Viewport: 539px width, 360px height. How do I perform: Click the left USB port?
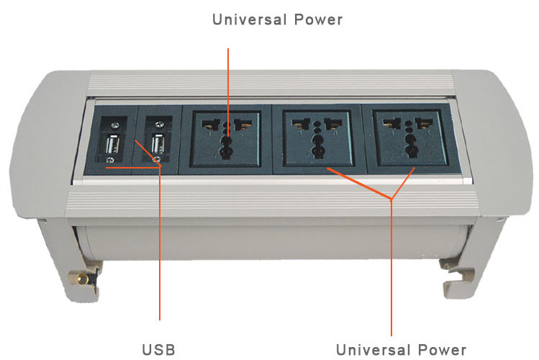[x=112, y=145]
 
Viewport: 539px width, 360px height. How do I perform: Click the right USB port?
[x=158, y=144]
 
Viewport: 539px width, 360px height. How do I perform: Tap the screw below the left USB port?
[x=110, y=161]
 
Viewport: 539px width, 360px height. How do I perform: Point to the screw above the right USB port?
[x=159, y=125]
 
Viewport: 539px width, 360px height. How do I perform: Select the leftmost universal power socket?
[x=225, y=138]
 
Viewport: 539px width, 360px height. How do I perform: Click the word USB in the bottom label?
[x=158, y=350]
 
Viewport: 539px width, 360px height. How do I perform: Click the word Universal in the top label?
[x=250, y=19]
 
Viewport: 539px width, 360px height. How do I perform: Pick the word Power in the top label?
[x=318, y=19]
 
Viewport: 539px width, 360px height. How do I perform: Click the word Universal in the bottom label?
[x=373, y=350]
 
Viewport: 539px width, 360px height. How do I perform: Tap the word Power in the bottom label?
[x=443, y=350]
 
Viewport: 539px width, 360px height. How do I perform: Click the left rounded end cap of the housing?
[x=48, y=145]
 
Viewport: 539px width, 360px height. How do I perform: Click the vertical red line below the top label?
[x=228, y=93]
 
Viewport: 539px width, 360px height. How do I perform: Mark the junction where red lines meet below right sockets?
[x=391, y=199]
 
